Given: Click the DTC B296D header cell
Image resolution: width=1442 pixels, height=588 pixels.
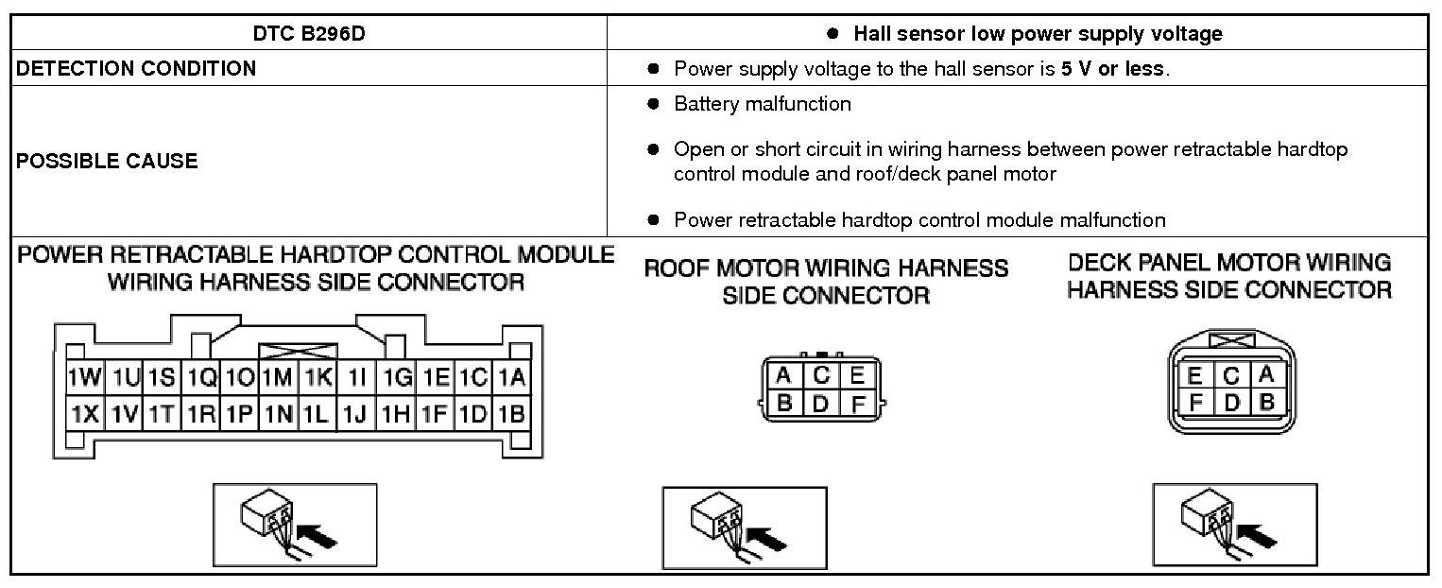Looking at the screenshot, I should point(308,34).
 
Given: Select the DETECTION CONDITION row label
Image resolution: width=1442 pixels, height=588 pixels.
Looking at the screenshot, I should point(136,68).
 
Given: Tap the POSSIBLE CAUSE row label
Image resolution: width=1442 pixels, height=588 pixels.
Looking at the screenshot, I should point(107,161).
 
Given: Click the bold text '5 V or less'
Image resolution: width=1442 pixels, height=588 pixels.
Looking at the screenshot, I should point(1114,69).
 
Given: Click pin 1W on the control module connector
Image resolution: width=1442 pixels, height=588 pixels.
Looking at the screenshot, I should point(84,378).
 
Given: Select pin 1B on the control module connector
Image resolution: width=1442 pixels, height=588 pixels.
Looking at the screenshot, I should point(511,413).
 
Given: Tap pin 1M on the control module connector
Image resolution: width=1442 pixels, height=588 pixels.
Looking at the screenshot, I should point(278,378).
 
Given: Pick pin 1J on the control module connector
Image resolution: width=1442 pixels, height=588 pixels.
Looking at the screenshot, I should point(355,413).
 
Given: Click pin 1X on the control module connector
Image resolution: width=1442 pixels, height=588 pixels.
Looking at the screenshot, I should point(84,413).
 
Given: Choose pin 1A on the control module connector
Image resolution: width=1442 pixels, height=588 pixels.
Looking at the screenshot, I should point(511,378).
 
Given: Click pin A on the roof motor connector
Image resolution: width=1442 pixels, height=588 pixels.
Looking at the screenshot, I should point(783,375).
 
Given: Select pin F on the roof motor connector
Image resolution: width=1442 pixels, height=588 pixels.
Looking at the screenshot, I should point(857,404).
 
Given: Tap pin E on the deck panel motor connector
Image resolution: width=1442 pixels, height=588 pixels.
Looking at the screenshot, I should point(1195,375).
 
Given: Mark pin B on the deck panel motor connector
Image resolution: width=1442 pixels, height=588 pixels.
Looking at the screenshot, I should point(1267,402).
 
